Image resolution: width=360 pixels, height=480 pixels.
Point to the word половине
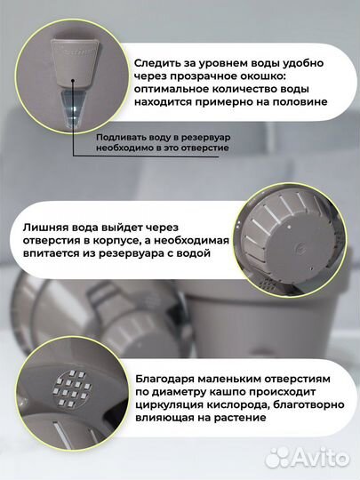(x=298, y=102)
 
